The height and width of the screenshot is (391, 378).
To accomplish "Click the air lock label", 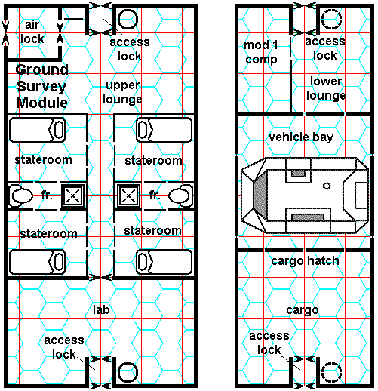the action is pyautogui.click(x=32, y=32).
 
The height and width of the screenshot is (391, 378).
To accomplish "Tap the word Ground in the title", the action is pyautogui.click(x=41, y=70).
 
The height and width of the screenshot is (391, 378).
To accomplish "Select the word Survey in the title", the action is pyautogui.click(x=41, y=87).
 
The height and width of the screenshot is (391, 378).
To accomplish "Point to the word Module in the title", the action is pyautogui.click(x=41, y=103).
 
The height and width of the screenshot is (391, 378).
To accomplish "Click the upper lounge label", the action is pyautogui.click(x=122, y=92).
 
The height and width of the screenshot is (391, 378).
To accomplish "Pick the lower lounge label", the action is pyautogui.click(x=326, y=88).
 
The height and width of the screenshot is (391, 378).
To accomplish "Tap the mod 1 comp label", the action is pyautogui.click(x=261, y=53).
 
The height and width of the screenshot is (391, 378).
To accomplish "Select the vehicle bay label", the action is pyautogui.click(x=301, y=137).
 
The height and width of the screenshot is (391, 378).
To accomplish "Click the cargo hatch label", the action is pyautogui.click(x=305, y=261).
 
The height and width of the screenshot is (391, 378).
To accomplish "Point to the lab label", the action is pyautogui.click(x=101, y=309).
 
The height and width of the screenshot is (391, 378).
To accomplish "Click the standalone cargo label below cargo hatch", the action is pyautogui.click(x=303, y=310).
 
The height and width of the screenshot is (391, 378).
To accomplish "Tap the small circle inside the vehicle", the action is pyautogui.click(x=327, y=186).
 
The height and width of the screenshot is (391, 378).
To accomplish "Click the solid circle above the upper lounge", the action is pyautogui.click(x=128, y=19).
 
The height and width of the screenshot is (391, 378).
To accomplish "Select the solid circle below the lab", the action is pyautogui.click(x=128, y=372).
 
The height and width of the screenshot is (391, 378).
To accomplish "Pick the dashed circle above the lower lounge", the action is pyautogui.click(x=332, y=19).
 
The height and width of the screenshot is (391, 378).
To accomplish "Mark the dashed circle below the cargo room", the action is pyautogui.click(x=332, y=372).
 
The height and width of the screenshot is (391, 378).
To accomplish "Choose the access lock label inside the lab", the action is pyautogui.click(x=64, y=347).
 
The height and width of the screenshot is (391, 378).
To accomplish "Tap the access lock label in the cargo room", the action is pyautogui.click(x=269, y=343).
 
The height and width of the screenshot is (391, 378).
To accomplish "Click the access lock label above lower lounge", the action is pyautogui.click(x=325, y=48).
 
